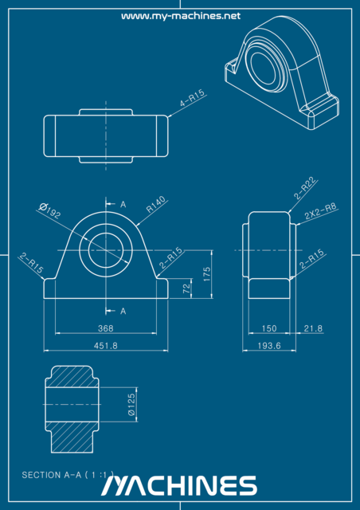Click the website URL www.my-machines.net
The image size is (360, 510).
coord(180,16)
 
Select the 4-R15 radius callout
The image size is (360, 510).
coord(193,98)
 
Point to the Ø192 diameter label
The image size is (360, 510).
coord(50,211)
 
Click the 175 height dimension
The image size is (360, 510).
coord(207,273)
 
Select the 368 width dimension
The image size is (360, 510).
coord(106,328)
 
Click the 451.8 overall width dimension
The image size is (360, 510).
coord(106,345)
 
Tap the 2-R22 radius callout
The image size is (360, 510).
coord(305,188)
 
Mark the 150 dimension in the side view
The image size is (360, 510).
coord(269,328)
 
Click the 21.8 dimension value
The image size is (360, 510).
coord(314,328)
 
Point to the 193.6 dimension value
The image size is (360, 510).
coord(270,345)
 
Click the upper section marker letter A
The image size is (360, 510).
coord(123,204)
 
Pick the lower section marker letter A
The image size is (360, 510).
coord(123,310)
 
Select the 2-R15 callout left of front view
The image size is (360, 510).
coord(32,264)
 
